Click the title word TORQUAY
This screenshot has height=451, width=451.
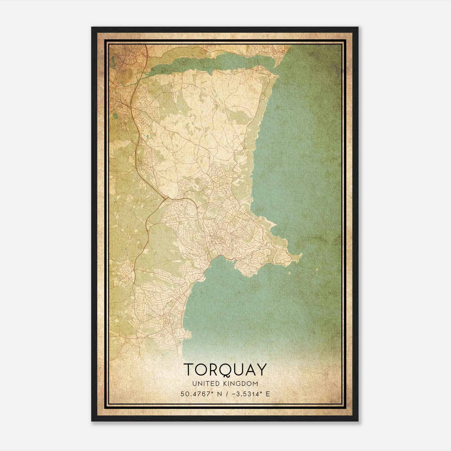225,369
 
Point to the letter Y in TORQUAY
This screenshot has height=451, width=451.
261,369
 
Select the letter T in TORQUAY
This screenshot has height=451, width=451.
189,369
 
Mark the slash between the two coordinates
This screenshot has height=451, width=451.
227,394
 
